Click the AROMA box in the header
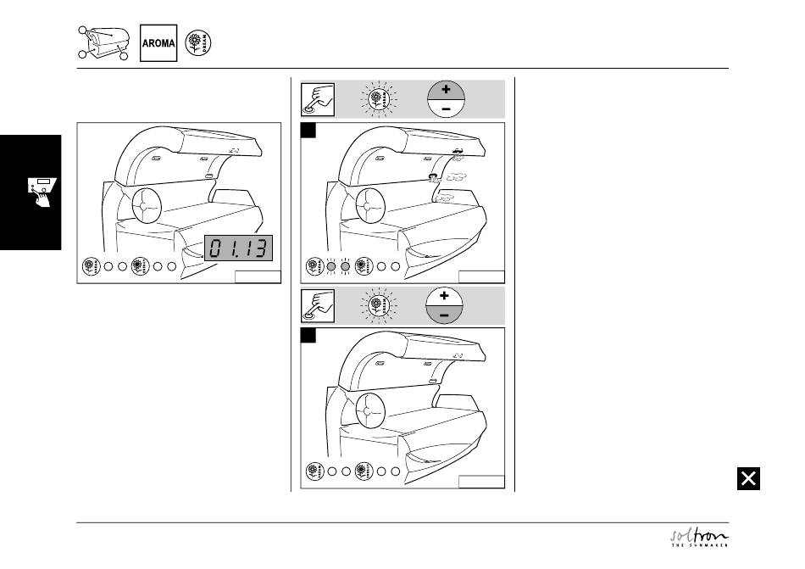coord(158,42)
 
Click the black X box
coord(748,479)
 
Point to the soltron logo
coord(699,538)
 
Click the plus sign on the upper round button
coord(446,89)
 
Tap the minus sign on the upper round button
coord(446,109)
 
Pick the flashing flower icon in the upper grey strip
coord(379,98)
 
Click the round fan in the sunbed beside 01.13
coord(146,204)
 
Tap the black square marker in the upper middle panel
coord(310,130)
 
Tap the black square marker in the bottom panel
coord(310,336)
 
